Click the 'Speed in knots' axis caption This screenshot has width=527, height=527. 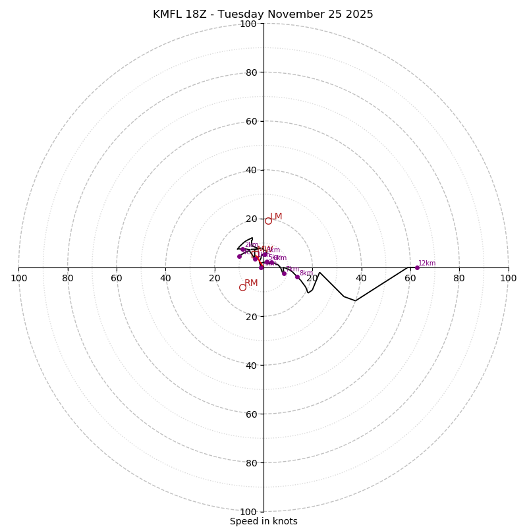pos(263,522)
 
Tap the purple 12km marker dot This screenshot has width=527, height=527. pos(417,267)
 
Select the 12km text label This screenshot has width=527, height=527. pos(427,263)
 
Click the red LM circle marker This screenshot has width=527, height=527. pos(268,221)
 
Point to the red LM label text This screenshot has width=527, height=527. pos(276,217)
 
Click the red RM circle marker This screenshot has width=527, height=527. pos(242,287)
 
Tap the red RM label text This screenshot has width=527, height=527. pos(251,283)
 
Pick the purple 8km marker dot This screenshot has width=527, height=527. pos(297,277)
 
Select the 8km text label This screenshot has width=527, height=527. pos(306,273)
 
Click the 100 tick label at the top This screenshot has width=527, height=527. pos(248,24)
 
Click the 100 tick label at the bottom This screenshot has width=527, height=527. pos(248,512)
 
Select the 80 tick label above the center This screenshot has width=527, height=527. pos(251,72)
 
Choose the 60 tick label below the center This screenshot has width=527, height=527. pos(251,414)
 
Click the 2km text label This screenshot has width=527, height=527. pos(251,245)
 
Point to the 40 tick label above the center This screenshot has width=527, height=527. pos(251,170)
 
